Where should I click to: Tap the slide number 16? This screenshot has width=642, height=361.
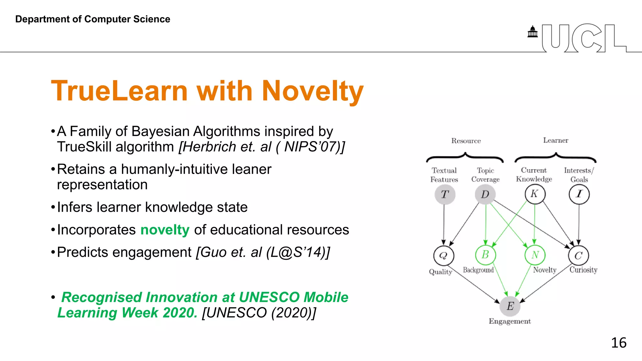tap(618, 343)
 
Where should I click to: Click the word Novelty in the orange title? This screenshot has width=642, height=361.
tap(313, 91)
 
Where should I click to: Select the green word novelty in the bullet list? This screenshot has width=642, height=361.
tap(165, 230)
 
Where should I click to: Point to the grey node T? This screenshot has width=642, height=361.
tap(445, 194)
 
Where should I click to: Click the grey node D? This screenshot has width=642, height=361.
tap(485, 194)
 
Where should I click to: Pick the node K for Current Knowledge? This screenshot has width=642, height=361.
tap(535, 194)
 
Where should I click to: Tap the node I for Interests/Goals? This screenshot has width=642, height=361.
tap(579, 194)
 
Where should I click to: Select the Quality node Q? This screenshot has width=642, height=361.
tap(444, 255)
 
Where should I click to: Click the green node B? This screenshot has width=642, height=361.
tap(486, 255)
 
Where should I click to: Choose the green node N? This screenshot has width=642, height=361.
tap(535, 255)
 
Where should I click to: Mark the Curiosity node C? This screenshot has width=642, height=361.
tap(579, 255)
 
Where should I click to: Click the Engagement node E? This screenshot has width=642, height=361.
tap(510, 306)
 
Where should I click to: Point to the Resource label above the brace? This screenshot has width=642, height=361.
tap(466, 141)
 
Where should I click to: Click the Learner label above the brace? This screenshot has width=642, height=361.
tap(555, 140)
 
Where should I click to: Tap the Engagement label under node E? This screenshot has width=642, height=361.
tap(510, 321)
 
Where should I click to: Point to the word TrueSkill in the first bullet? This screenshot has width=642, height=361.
tap(84, 147)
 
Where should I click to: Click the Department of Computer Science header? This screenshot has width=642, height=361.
tap(93, 19)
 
